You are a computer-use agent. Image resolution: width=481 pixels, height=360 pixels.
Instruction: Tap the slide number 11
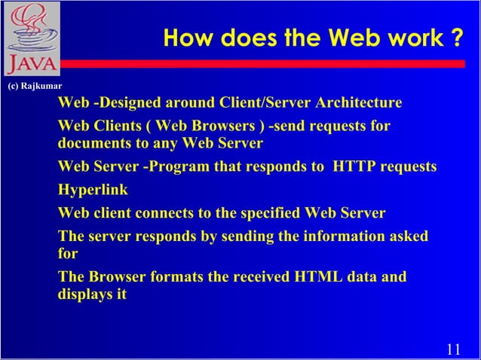453,349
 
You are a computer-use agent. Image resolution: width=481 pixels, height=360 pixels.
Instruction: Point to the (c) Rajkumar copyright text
34,87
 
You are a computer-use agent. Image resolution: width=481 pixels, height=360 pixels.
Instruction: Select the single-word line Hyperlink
93,190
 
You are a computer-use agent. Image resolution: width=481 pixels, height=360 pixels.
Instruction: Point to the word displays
84,294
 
